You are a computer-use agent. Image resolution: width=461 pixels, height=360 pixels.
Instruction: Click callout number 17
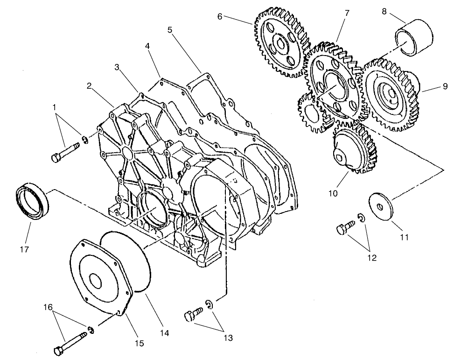coord(24,249)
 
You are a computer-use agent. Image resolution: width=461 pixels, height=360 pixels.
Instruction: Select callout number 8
coord(384,11)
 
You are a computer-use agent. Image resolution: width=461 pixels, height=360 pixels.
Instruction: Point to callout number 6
coord(219,16)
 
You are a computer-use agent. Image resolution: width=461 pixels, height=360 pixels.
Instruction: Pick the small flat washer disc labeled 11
coord(382,204)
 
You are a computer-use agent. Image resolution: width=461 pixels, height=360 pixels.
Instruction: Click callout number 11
coord(404,237)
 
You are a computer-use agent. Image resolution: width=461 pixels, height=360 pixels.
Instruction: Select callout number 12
coord(372,257)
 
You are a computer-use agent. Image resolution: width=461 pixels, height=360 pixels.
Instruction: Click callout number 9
coord(445,86)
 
